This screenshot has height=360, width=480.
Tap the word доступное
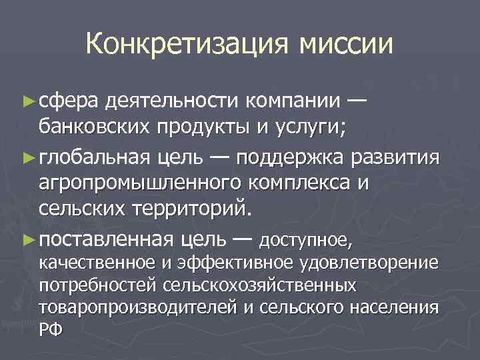click(305, 238)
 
